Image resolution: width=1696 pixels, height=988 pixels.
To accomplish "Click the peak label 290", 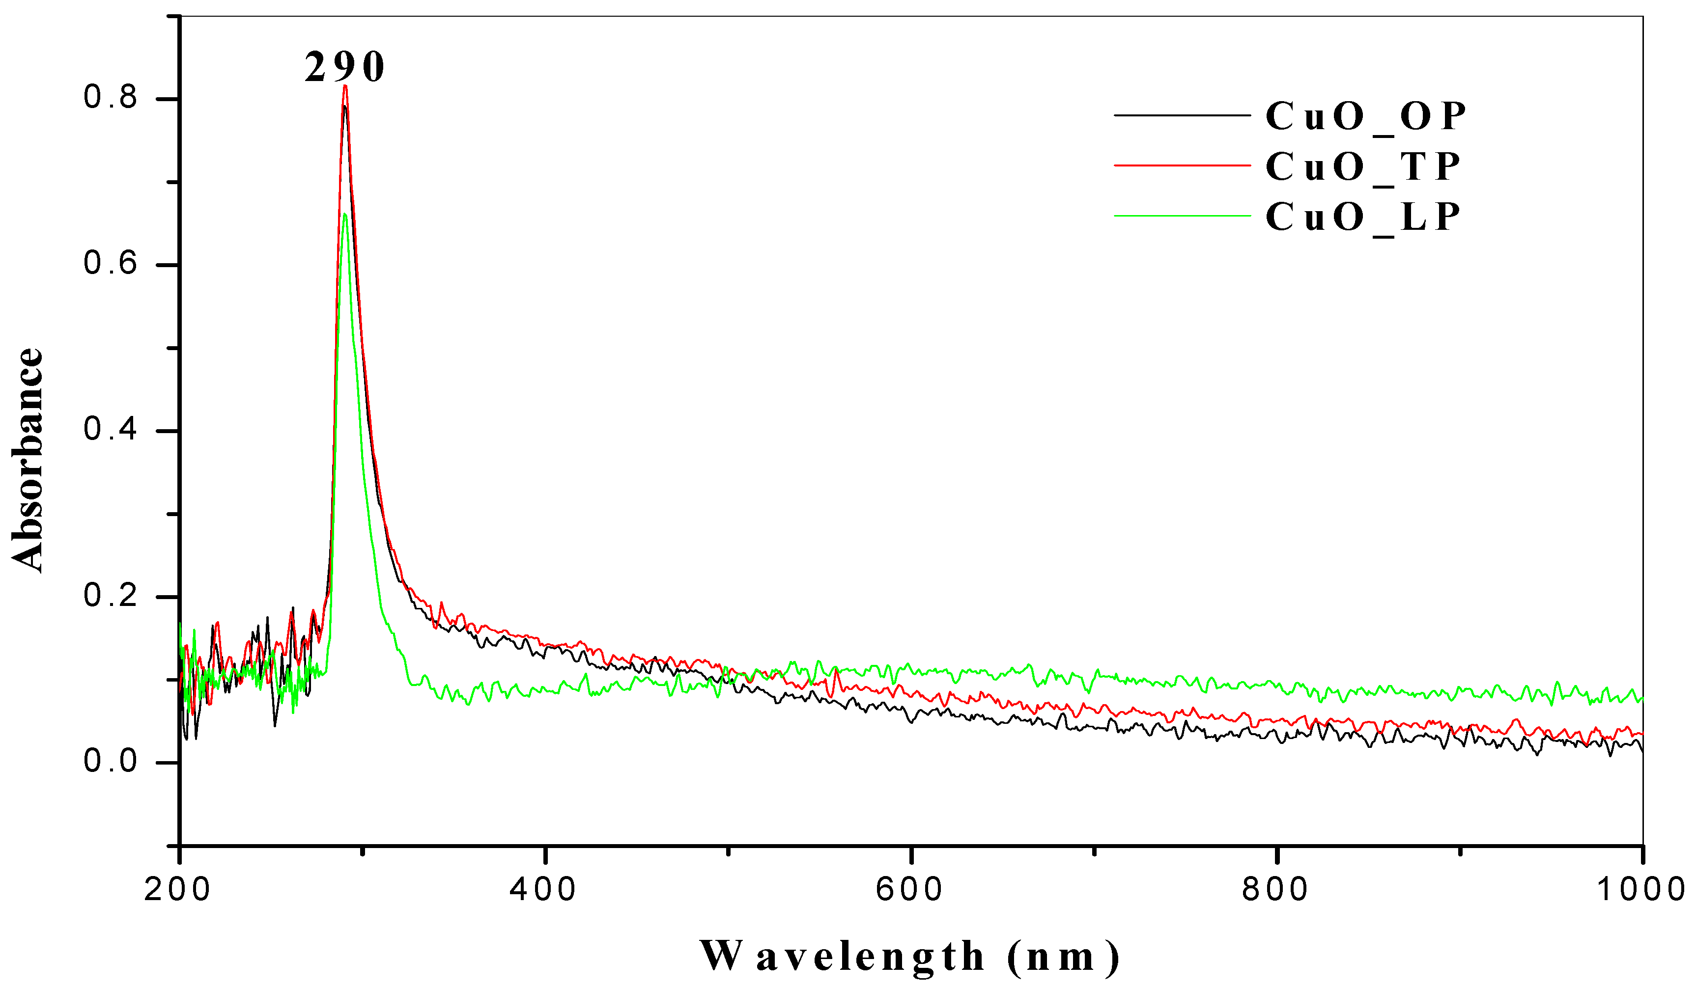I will (x=344, y=68).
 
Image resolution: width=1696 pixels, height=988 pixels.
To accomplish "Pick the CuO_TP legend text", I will (x=1362, y=167).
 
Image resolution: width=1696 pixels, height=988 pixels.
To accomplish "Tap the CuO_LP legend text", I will (x=1362, y=217).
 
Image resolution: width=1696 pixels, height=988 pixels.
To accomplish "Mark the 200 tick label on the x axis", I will (x=178, y=890).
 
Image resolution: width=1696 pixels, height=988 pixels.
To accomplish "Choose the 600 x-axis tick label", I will (x=909, y=890).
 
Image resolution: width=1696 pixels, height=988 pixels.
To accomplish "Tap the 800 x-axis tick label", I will (x=1275, y=890).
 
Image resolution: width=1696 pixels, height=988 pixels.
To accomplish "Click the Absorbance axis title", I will (x=28, y=460).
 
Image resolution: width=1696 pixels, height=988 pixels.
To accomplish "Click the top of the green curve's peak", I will (x=344, y=215).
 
